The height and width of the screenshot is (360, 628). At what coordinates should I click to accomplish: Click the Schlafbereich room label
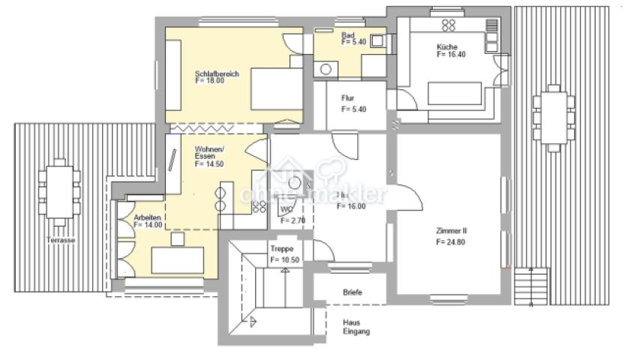pyautogui.click(x=216, y=74)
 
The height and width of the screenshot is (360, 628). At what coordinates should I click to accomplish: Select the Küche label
pyautogui.click(x=447, y=46)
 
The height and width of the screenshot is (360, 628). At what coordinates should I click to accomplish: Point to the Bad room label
pyautogui.click(x=347, y=35)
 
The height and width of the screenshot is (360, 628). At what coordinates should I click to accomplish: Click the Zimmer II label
pyautogui.click(x=451, y=231)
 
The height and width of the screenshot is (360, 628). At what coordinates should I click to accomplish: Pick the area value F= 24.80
pyautogui.click(x=451, y=243)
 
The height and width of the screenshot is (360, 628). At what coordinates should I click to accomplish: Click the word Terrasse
pyautogui.click(x=59, y=240)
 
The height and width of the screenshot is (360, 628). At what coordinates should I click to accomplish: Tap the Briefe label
pyautogui.click(x=353, y=292)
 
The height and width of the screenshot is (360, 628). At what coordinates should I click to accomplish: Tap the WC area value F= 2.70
pyautogui.click(x=292, y=221)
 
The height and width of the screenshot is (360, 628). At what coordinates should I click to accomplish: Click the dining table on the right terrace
pyautogui.click(x=554, y=118)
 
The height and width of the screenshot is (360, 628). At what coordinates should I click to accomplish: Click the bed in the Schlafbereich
pyautogui.click(x=275, y=89)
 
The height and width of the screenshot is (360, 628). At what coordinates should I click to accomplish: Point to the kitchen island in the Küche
pyautogui.click(x=454, y=94)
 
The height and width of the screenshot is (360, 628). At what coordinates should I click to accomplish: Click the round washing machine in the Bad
pyautogui.click(x=326, y=70)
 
